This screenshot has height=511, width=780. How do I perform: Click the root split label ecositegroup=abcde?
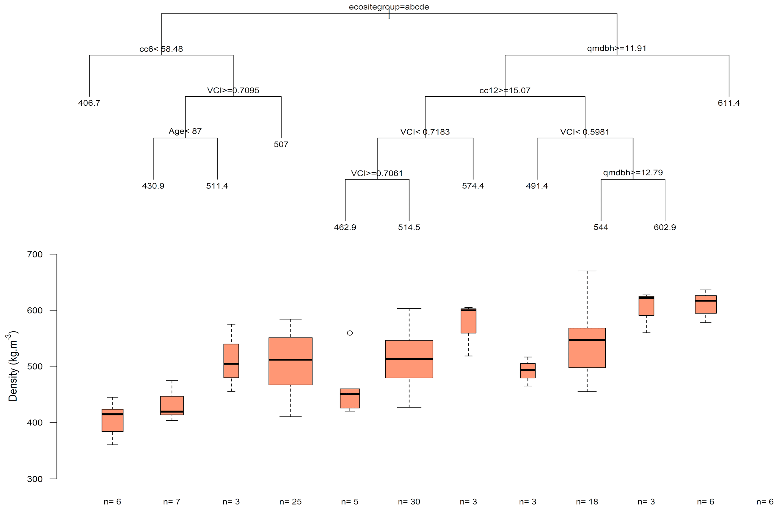coord(389,7)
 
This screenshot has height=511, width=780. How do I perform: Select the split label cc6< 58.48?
coord(161,49)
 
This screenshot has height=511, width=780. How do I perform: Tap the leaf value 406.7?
coord(89,103)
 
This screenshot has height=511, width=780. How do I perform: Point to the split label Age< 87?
coord(185,131)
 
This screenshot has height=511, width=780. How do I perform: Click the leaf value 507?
coord(281,145)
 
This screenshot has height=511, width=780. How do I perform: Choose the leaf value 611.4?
coord(729,103)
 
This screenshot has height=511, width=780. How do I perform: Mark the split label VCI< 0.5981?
coord(585,132)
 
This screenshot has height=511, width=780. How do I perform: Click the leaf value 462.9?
coord(345,227)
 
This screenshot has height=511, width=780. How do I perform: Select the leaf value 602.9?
coord(665,227)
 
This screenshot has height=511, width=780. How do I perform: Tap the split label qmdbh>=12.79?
coord(633,173)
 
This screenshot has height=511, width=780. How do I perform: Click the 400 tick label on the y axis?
coord(35,423)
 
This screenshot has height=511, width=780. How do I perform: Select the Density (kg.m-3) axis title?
coord(13,366)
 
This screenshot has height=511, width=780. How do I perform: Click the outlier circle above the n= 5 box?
coord(350,333)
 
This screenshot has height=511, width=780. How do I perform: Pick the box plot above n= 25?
coord(290,361)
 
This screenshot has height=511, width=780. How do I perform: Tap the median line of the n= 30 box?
coord(409,359)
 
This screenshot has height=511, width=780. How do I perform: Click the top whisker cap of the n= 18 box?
coord(587,271)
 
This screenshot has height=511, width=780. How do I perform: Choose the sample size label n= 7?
coord(171,502)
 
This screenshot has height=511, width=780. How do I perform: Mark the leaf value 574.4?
coord(473,186)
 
